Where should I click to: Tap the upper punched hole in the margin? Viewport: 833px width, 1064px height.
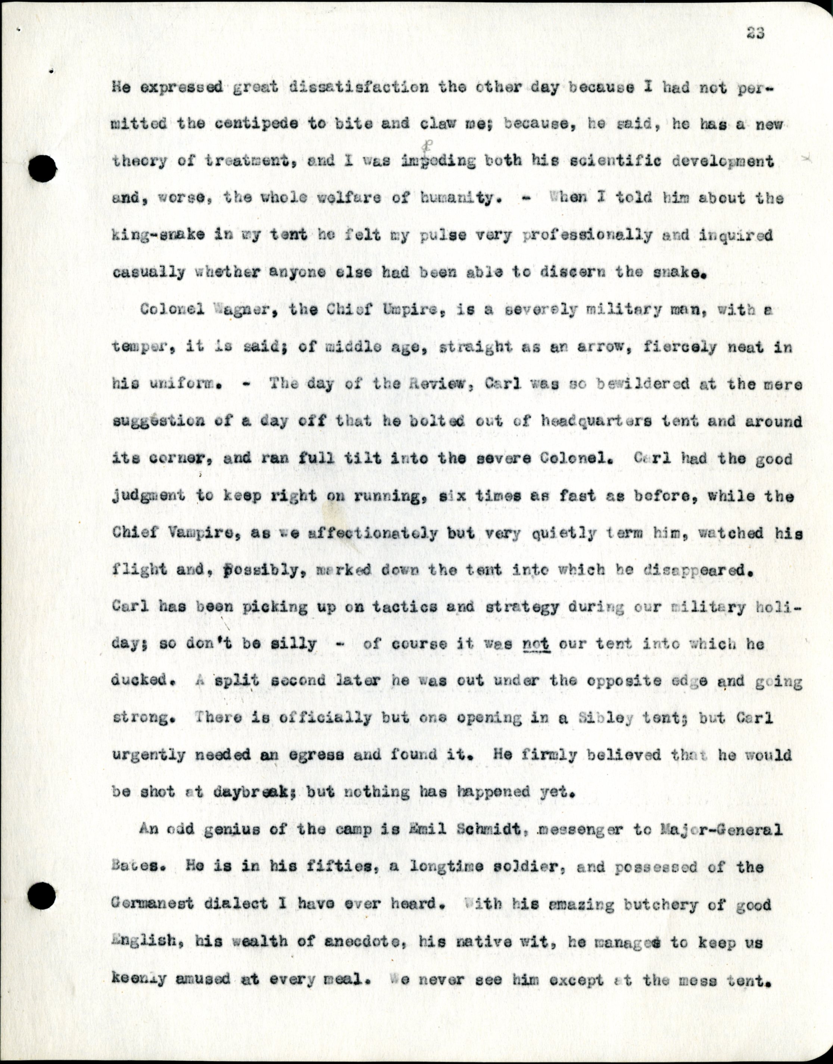43,169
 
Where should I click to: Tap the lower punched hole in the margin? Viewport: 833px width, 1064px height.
41,896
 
